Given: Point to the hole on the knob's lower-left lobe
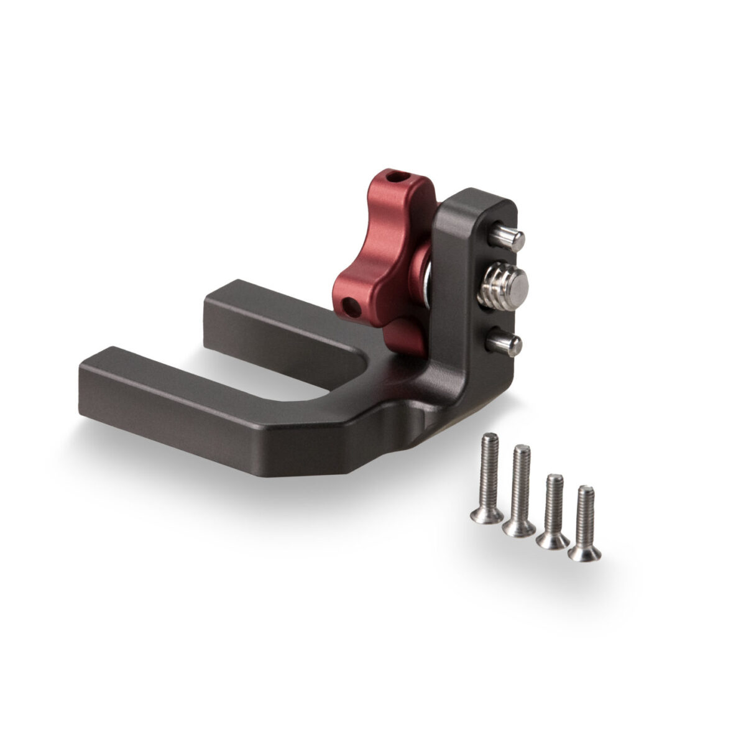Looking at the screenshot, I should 352,306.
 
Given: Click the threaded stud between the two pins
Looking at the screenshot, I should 502,289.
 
